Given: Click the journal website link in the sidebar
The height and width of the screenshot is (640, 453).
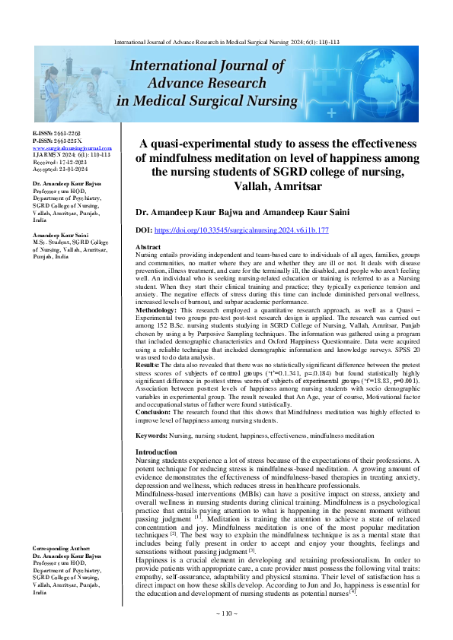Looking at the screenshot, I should click(x=72, y=148).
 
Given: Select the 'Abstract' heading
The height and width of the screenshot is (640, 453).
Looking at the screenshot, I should click(x=148, y=249).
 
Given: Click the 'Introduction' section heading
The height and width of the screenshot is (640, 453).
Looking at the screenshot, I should click(x=156, y=452).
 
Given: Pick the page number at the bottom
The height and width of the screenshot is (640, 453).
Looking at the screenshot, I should click(x=227, y=613).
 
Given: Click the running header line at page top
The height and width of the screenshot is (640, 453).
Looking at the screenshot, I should click(x=226, y=43).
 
